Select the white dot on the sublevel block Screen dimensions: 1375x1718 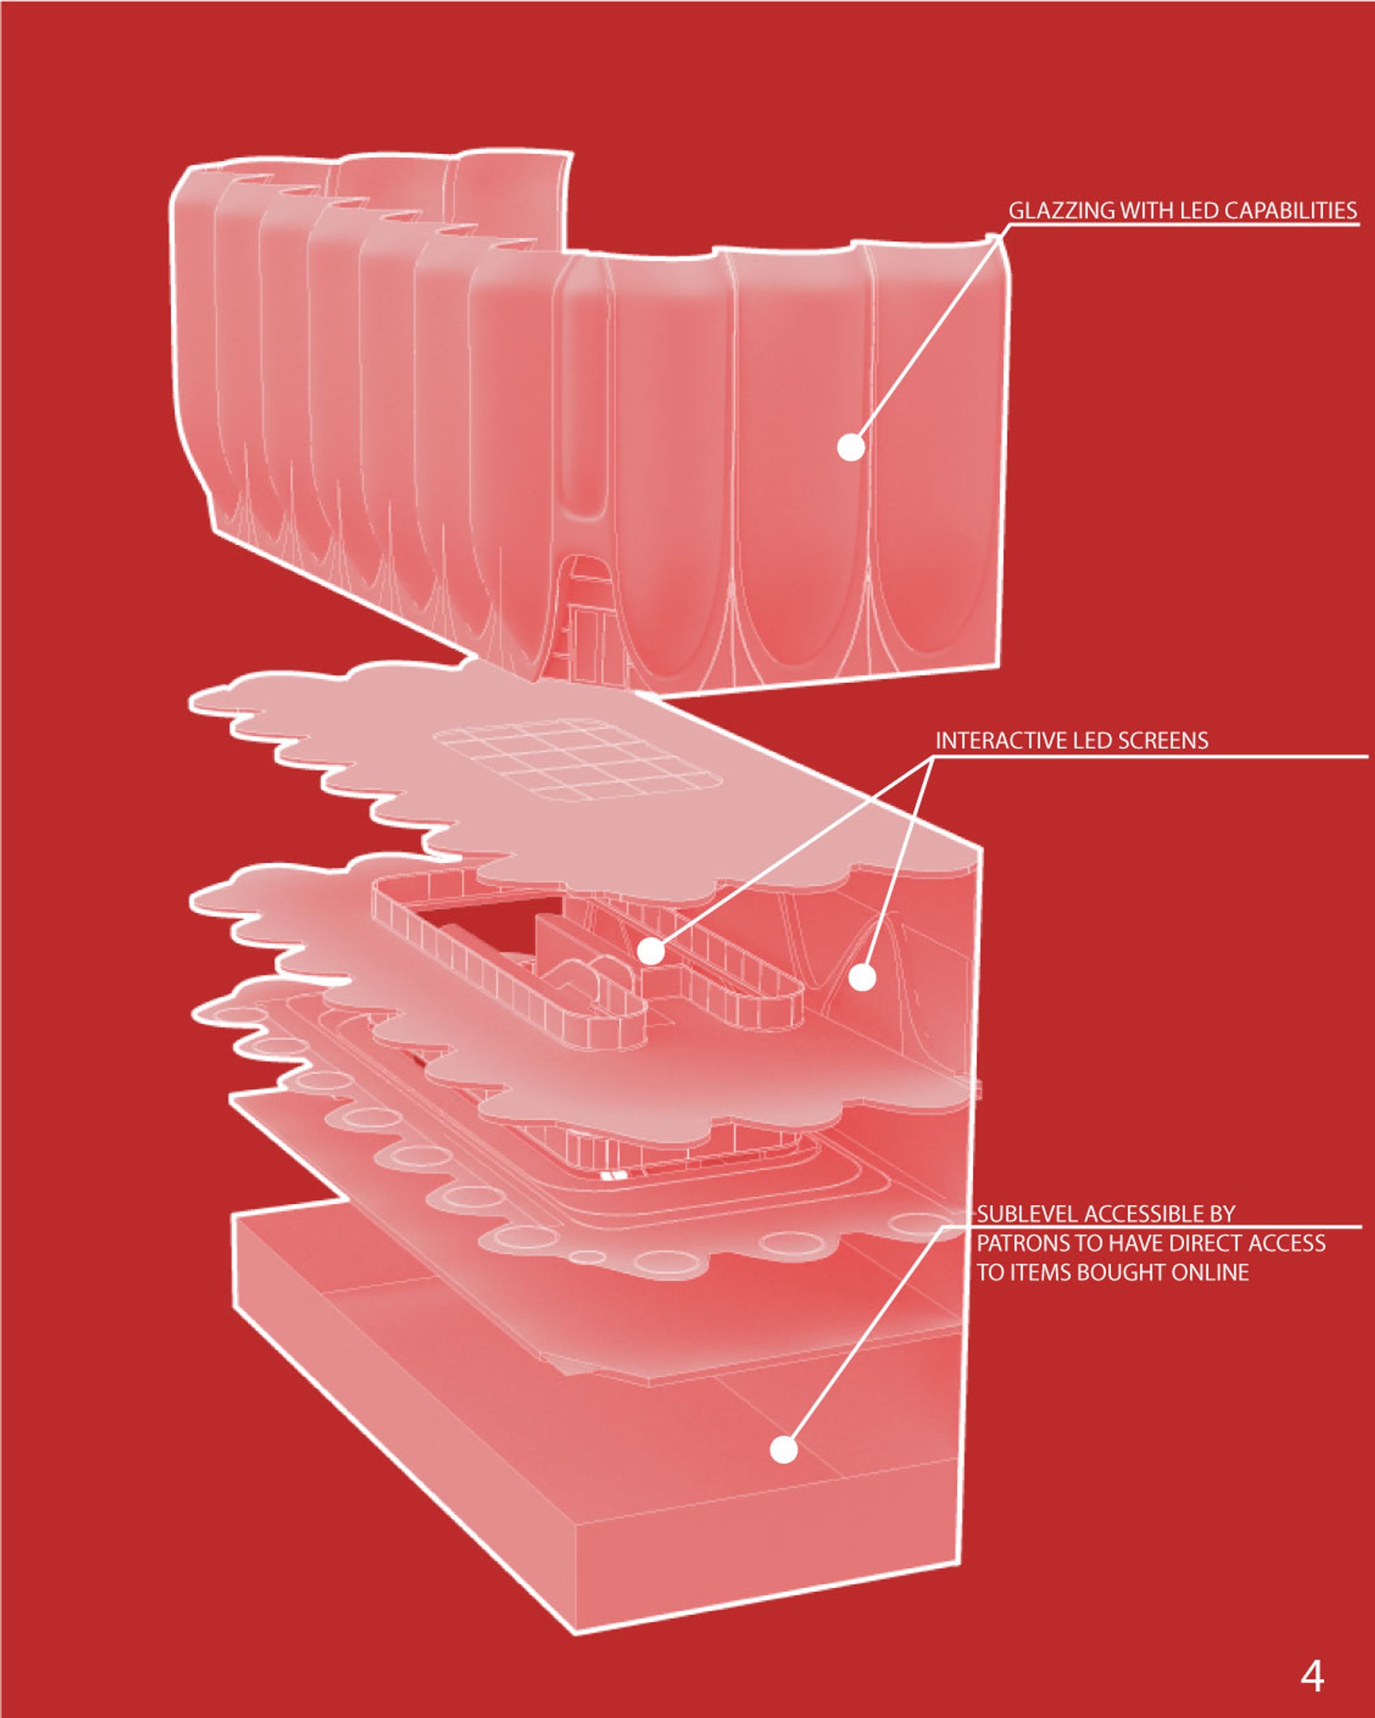tap(784, 1449)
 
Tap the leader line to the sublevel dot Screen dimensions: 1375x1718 tap(864, 1338)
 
